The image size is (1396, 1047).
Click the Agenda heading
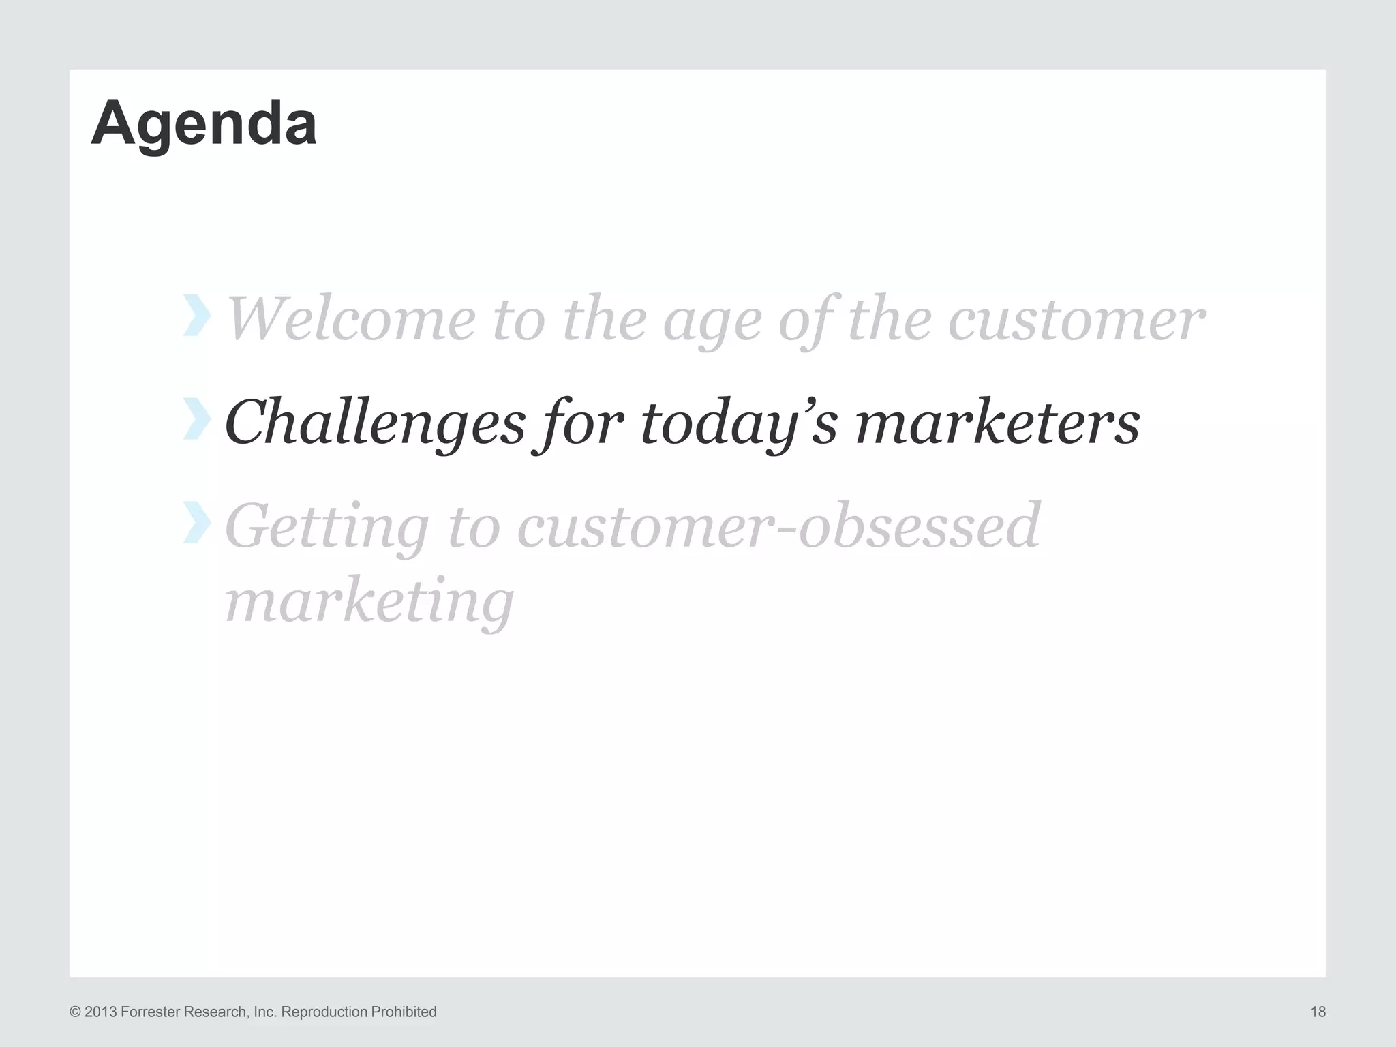tap(204, 124)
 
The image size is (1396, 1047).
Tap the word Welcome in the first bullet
tap(350, 320)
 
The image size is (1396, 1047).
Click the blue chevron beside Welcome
tap(196, 316)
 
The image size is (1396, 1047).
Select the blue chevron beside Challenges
tap(196, 419)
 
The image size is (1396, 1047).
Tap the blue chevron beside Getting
tap(196, 522)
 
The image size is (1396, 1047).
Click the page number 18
tap(1318, 1012)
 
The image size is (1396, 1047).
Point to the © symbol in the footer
tap(75, 1012)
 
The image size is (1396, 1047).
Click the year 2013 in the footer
tap(101, 1012)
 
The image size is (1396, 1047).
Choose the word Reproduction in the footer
tap(324, 1012)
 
